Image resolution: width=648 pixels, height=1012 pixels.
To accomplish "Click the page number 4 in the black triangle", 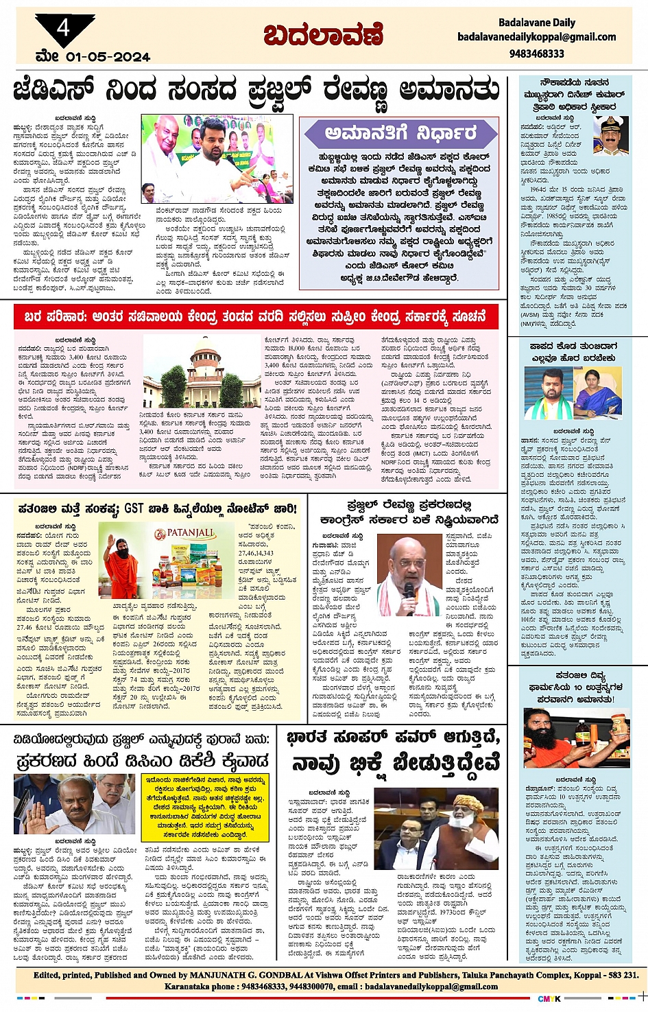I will pos(63,28).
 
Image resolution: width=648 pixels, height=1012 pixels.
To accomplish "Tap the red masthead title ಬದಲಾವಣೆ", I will pos(323,35).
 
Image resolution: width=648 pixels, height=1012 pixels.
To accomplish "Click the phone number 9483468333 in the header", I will pos(536,54).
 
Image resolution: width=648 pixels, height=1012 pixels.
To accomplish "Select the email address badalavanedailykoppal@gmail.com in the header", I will pos(536,37).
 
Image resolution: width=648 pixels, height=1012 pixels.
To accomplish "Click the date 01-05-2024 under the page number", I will pos(108,57).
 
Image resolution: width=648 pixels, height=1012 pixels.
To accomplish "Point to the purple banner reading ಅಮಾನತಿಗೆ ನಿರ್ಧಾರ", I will pos(400,133).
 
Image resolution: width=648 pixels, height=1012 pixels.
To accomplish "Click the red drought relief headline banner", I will pos(256,317).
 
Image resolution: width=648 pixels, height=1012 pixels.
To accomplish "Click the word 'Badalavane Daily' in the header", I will pos(536,23).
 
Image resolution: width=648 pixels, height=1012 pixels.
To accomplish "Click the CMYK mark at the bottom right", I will pos(549,998).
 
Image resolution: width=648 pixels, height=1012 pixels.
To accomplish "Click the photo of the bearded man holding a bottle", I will pos(573,738).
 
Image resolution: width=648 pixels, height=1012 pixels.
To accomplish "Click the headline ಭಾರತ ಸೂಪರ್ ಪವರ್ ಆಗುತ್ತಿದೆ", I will pos(394,738).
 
